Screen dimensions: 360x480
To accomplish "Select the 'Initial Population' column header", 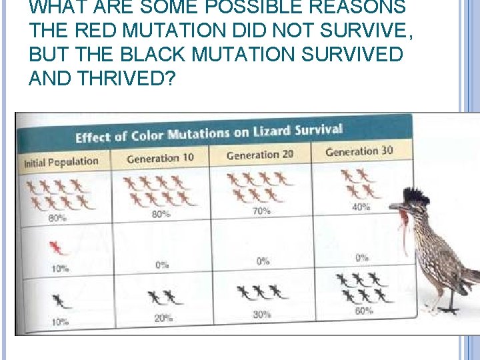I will click(61, 161).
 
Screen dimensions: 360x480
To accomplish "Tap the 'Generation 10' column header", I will click(160, 158).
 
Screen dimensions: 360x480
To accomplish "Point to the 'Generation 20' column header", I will click(259, 155).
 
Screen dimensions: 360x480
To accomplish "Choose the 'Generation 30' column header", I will click(359, 151).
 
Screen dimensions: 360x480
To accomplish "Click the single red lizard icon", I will click(59, 249).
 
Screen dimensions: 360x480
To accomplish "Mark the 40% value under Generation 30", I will click(361, 207).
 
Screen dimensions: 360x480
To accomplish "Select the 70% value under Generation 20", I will click(261, 211).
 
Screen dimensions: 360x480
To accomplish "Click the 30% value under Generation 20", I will click(262, 315).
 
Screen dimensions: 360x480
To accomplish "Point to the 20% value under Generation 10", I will click(163, 318).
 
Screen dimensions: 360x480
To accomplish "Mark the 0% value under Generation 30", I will click(362, 257).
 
